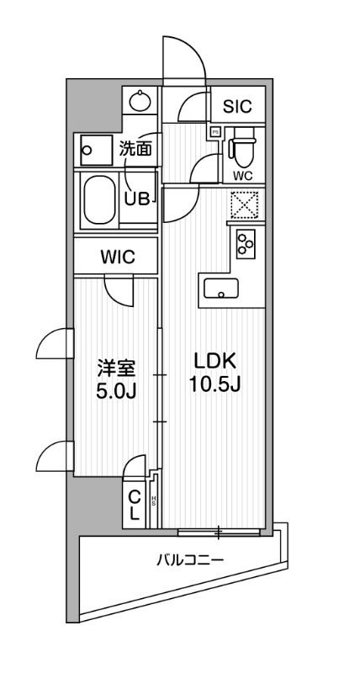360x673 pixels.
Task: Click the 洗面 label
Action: point(135,149)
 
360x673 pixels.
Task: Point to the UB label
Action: point(136,199)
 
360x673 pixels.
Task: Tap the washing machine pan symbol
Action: point(97,151)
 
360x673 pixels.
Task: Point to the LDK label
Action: point(217,360)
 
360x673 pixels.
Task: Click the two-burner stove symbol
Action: point(246,244)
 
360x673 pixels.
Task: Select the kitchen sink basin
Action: point(220,292)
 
